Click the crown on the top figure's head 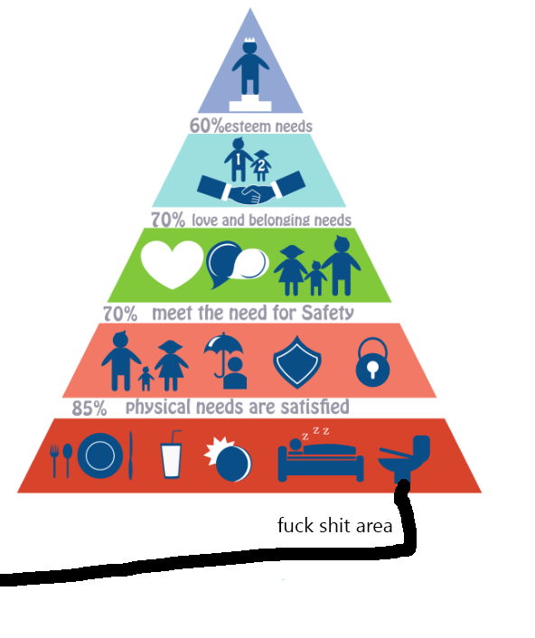click(249, 40)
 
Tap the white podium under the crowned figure click(250, 104)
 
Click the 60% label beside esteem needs click(207, 126)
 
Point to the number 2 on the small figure click(261, 165)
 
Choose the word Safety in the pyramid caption click(327, 314)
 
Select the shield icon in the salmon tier click(297, 361)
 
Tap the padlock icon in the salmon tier click(372, 361)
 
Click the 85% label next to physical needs click(89, 408)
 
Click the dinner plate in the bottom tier click(100, 455)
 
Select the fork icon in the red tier click(54, 461)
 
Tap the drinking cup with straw click(172, 454)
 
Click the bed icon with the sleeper click(321, 460)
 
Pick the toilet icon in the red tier click(404, 459)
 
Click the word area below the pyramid click(374, 527)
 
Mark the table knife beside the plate click(131, 455)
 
